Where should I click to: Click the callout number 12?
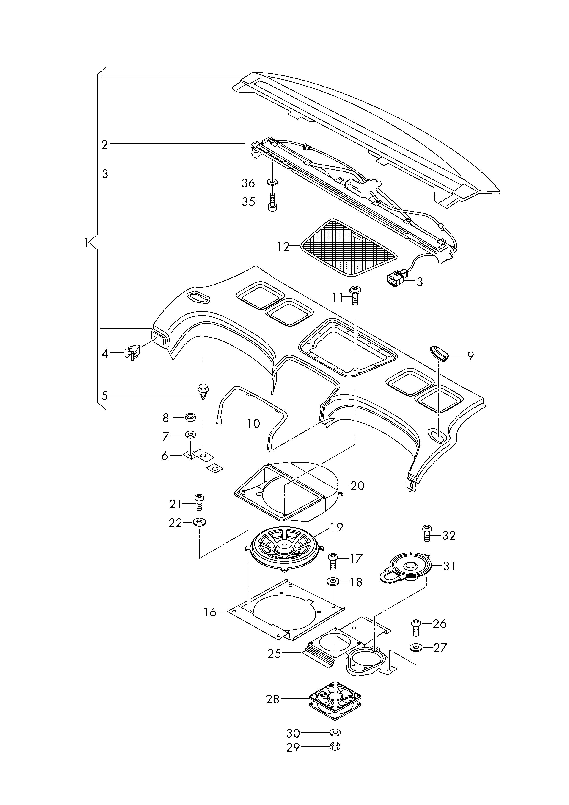tap(283, 247)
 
